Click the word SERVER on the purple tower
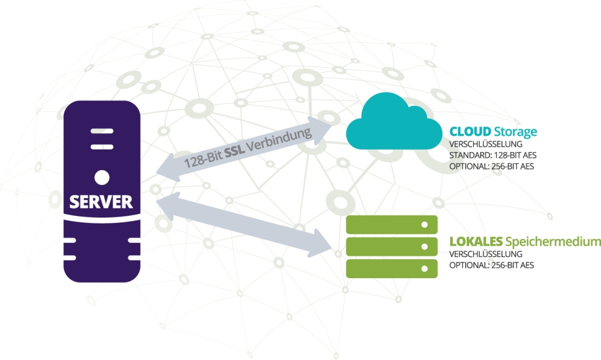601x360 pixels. click(101, 202)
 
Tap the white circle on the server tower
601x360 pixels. click(102, 177)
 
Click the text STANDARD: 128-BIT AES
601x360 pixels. click(493, 155)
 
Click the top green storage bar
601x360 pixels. click(391, 225)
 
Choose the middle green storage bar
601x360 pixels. click(391, 246)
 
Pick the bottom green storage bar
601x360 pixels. click(391, 268)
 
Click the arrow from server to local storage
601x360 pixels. click(242, 224)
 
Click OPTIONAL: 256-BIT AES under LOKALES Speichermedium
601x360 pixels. click(491, 265)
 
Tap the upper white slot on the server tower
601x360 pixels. click(101, 130)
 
